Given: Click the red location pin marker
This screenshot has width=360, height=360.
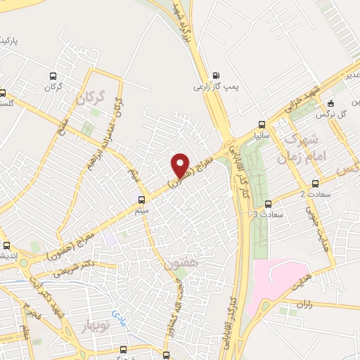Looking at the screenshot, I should click(181, 165).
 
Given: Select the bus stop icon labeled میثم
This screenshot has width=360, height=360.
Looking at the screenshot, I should click(141, 199).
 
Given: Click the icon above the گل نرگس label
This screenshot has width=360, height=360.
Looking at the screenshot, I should click(340, 103).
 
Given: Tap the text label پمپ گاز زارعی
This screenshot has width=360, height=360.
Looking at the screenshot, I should click(217, 89).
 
